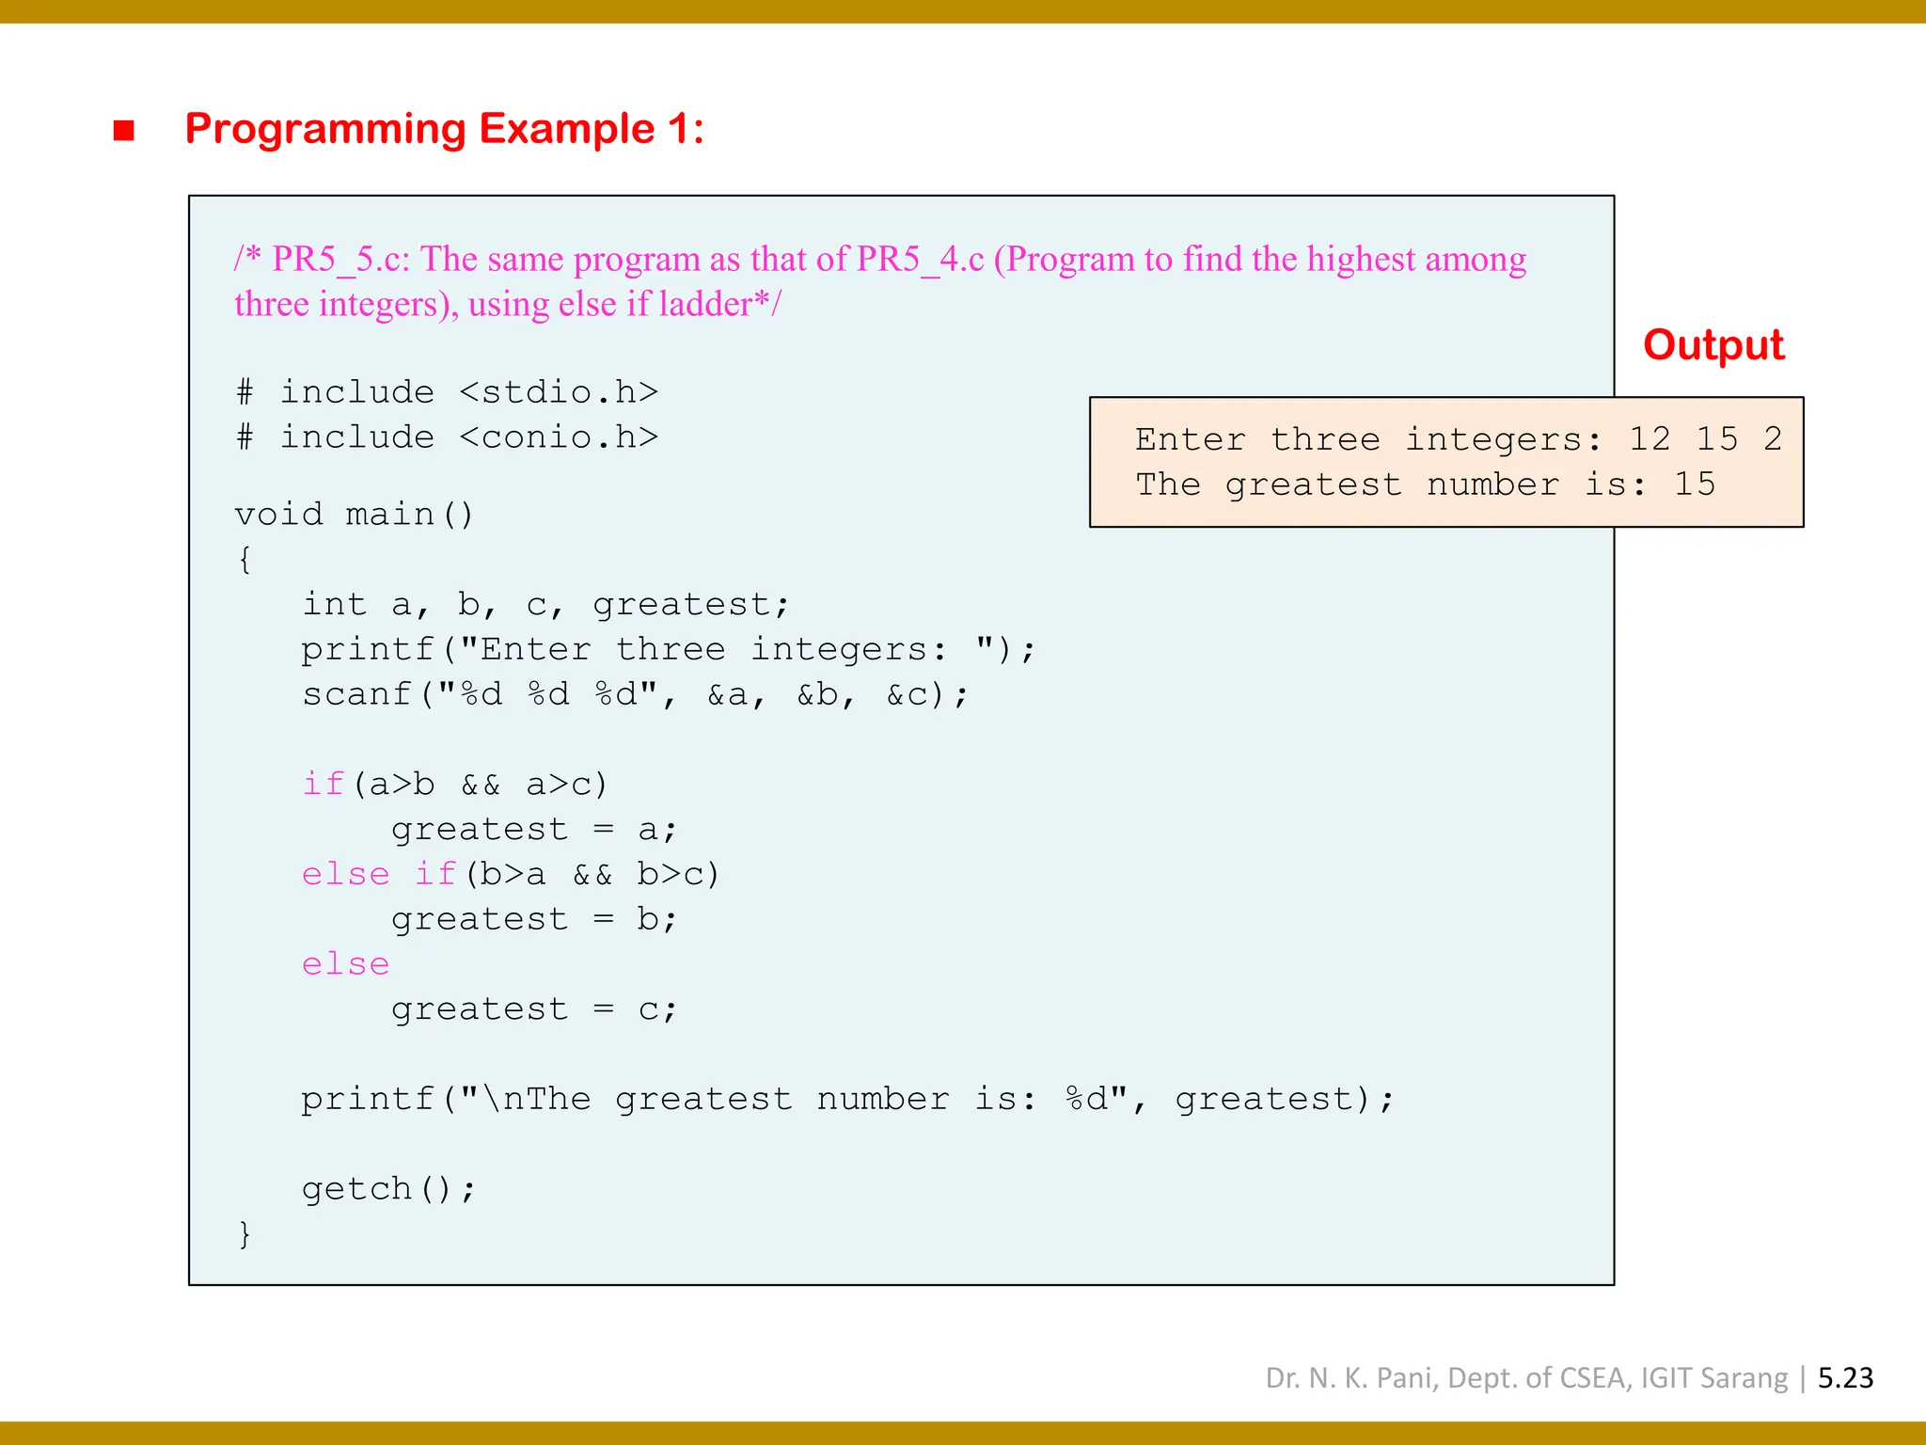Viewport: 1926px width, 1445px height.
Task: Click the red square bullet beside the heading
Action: [x=123, y=130]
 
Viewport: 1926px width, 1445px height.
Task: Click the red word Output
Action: [x=1713, y=345]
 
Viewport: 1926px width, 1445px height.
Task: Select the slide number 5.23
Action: [x=1845, y=1378]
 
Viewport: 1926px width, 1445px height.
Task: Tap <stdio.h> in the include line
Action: [x=559, y=391]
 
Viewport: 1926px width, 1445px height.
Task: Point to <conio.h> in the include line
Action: [x=559, y=437]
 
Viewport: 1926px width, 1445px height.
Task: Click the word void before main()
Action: [x=278, y=515]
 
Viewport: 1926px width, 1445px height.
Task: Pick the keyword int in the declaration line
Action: [x=334, y=604]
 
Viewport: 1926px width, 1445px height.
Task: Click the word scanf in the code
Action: [x=356, y=694]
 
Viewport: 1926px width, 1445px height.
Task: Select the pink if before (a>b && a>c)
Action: [x=323, y=784]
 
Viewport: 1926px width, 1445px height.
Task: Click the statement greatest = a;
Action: [x=533, y=829]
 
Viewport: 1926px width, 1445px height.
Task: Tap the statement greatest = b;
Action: [x=533, y=919]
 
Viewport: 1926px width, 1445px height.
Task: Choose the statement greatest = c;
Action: [x=533, y=1009]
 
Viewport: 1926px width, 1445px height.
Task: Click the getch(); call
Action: [x=388, y=1189]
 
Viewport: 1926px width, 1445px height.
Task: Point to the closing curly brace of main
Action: [x=245, y=1233]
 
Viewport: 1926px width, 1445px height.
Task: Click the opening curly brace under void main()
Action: [x=245, y=560]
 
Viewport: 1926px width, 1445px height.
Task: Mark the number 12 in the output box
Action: [x=1650, y=438]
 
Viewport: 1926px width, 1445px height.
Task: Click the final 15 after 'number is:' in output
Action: [x=1694, y=484]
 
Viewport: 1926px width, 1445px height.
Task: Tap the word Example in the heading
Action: [x=566, y=129]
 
